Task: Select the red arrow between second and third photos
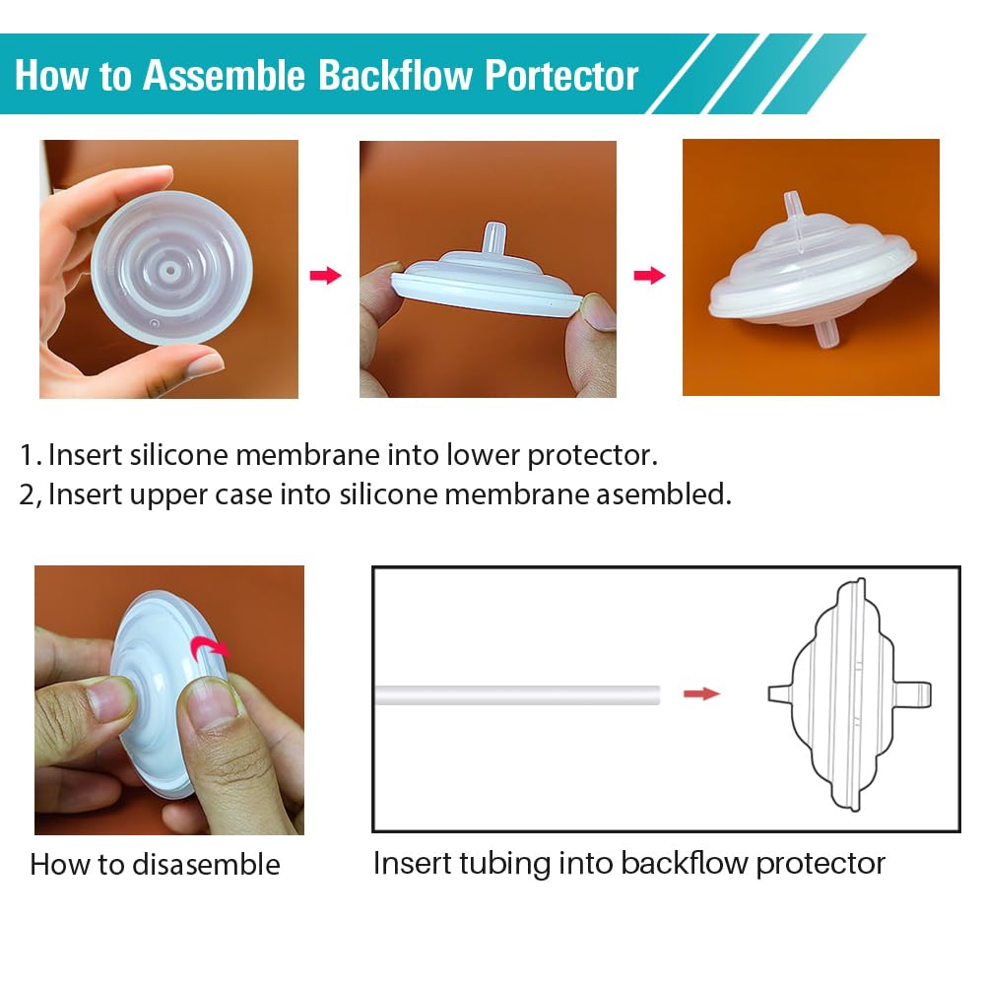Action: [649, 276]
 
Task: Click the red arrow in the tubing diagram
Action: [701, 694]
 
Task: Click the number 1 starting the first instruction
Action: [27, 456]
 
